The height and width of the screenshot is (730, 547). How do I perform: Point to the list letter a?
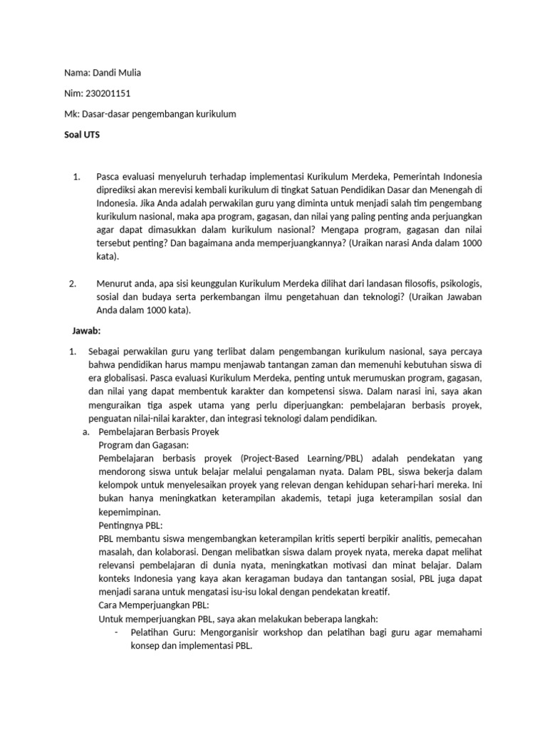[85, 432]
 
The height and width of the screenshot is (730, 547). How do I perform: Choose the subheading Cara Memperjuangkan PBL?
[148, 605]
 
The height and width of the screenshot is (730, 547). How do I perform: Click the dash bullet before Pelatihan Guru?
[116, 632]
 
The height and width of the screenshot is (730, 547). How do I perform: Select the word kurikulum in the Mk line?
[213, 114]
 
